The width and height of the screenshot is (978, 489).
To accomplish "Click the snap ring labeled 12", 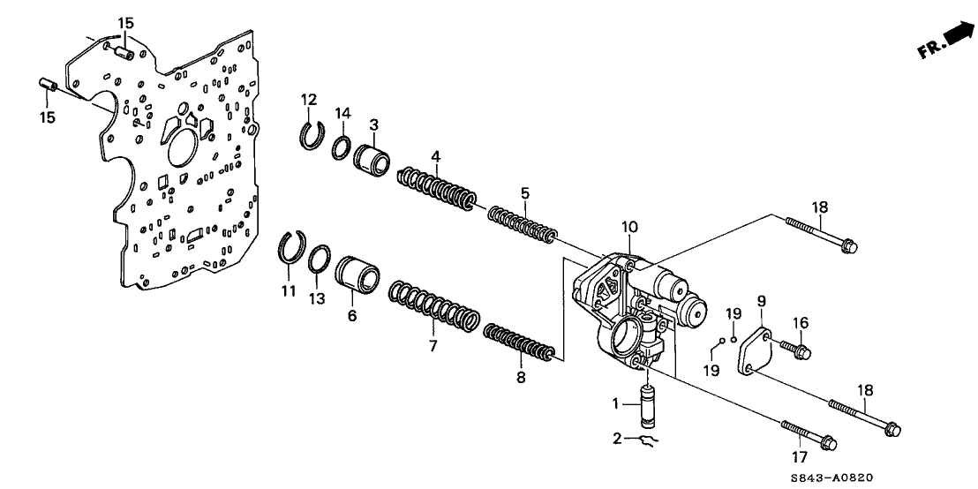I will tap(310, 134).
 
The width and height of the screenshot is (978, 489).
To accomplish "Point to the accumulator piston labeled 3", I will tap(373, 160).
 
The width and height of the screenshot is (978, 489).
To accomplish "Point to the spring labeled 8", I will tap(521, 346).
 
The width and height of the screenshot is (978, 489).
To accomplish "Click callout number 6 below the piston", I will tap(351, 314).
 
